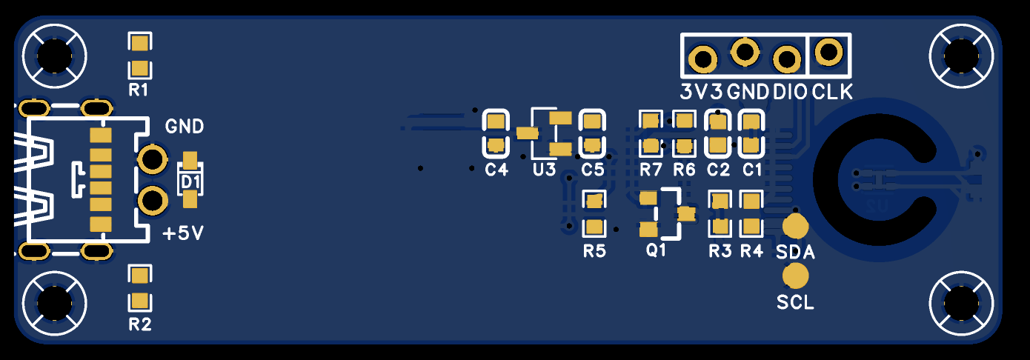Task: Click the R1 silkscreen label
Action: [x=139, y=90]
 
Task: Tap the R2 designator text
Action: [x=139, y=324]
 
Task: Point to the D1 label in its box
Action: [x=190, y=181]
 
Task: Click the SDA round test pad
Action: [x=795, y=226]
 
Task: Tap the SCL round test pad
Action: [x=796, y=276]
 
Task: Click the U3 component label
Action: [x=544, y=170]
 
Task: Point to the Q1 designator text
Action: [x=657, y=250]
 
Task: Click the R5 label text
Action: [x=594, y=251]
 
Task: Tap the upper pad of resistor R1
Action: [x=139, y=42]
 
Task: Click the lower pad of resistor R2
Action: [x=139, y=301]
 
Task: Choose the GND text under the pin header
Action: [x=748, y=93]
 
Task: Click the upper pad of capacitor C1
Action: [x=751, y=121]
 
